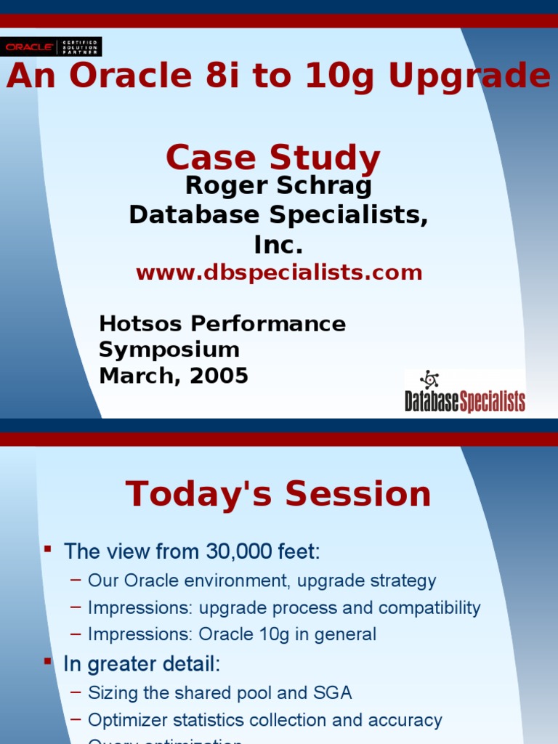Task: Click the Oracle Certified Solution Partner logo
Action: pos(51,46)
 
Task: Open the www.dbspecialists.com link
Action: pos(278,273)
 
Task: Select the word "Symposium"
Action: pos(169,349)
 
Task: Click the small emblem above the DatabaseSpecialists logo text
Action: pos(429,379)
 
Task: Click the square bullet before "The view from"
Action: pos(48,548)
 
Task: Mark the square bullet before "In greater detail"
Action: pos(48,661)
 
